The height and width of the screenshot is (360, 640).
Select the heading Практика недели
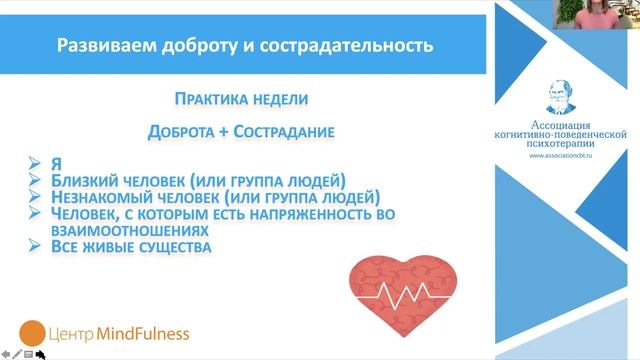tap(234, 100)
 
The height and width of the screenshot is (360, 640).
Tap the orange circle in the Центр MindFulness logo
tap(34, 332)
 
